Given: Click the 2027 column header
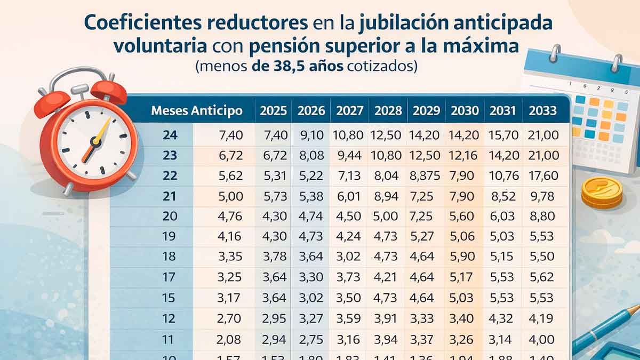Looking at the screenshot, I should click(349, 111).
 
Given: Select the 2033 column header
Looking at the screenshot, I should click(542, 111).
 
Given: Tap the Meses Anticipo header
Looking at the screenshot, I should click(197, 111).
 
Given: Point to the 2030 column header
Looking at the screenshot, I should click(465, 111).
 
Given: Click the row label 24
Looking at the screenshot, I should click(170, 135).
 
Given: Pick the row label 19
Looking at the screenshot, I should click(170, 236).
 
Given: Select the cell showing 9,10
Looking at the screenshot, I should click(311, 135).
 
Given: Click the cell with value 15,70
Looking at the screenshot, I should click(503, 135).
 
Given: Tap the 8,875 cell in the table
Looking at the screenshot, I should click(425, 176).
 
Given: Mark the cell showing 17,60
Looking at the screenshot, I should click(543, 176).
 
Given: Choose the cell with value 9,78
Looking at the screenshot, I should click(543, 196).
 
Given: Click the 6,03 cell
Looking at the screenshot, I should click(503, 217).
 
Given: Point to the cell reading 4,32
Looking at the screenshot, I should click(503, 319).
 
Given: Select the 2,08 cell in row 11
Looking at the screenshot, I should click(230, 339).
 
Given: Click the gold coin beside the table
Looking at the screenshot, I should click(602, 192).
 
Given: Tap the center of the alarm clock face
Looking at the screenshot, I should click(96, 141).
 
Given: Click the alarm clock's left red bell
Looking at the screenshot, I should click(52, 102).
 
